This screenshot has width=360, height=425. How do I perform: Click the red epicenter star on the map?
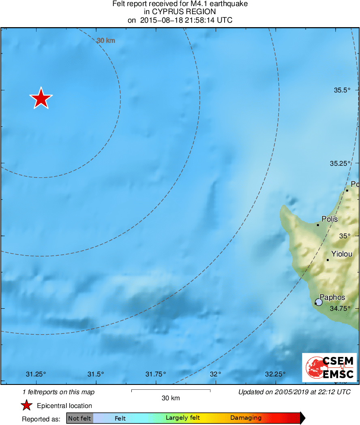pyautogui.click(x=41, y=98)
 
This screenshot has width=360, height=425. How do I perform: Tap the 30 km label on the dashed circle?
pyautogui.click(x=106, y=41)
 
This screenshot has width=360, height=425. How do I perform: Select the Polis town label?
pyautogui.click(x=330, y=219)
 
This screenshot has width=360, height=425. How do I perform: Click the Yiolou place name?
pyautogui.click(x=342, y=254)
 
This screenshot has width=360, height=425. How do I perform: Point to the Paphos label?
pyautogui.click(x=332, y=297)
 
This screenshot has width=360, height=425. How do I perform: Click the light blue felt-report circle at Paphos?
pyautogui.click(x=319, y=302)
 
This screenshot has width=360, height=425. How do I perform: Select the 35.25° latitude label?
pyautogui.click(x=340, y=163)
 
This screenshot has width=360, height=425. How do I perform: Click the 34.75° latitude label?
pyautogui.click(x=340, y=308)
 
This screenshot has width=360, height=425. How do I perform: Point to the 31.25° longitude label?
pyautogui.click(x=36, y=374)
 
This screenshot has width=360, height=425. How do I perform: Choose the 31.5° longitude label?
pyautogui.click(x=96, y=374)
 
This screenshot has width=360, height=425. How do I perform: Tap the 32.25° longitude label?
pyautogui.click(x=275, y=374)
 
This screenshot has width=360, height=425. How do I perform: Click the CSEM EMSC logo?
pyautogui.click(x=329, y=367)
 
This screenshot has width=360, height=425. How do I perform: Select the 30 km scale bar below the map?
pyautogui.click(x=171, y=391)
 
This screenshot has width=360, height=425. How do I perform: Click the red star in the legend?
pyautogui.click(x=27, y=405)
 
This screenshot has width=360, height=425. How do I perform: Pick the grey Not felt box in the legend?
pyautogui.click(x=80, y=418)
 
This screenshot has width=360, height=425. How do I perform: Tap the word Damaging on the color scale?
pyautogui.click(x=246, y=418)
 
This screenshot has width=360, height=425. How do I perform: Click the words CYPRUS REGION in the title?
pyautogui.click(x=180, y=12)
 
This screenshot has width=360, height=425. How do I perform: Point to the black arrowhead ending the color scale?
pyautogui.click(x=302, y=418)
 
